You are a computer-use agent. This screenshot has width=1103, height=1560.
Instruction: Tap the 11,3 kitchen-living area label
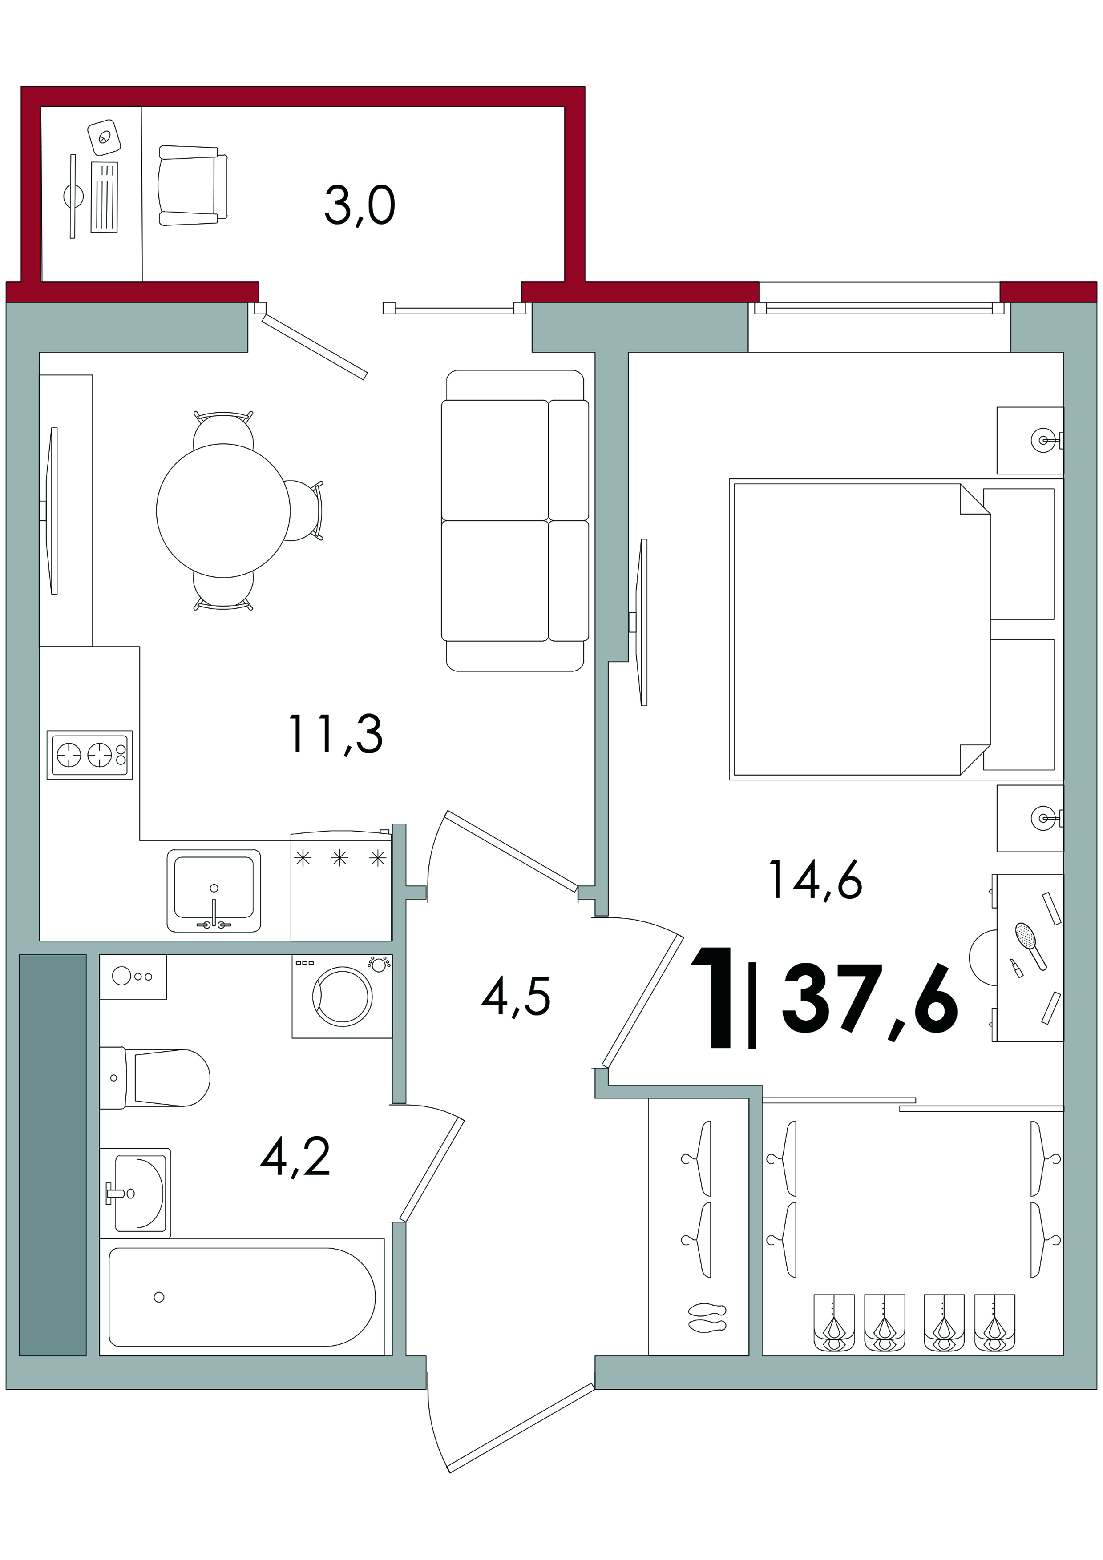[336, 735]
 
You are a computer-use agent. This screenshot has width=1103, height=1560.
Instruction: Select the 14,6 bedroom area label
[816, 881]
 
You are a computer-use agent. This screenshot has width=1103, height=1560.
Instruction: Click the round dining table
[223, 510]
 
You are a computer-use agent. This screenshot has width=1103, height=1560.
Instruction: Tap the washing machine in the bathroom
[342, 996]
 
